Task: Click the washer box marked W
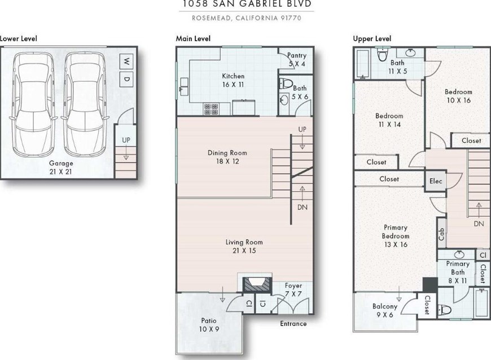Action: point(126,61)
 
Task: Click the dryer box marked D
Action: point(126,79)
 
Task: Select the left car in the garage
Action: point(33,104)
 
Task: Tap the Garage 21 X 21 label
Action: point(61,167)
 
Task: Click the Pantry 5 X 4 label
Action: point(296,59)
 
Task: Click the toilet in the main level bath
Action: point(285,84)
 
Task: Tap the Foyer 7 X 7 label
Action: point(293,289)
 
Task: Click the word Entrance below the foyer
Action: point(293,324)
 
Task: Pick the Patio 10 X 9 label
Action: point(209,325)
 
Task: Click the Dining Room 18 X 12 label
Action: point(227,157)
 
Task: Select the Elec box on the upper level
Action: point(436,181)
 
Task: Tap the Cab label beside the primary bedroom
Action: point(441,234)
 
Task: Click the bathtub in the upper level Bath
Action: point(362,64)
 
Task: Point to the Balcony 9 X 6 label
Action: point(385,310)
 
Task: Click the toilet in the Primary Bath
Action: point(445,310)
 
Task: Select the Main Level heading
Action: point(193,38)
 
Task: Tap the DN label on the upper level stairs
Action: point(479,223)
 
